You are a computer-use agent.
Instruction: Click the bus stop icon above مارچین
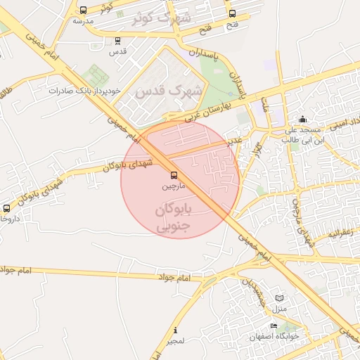(174, 175)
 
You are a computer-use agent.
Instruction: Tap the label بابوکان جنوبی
(172, 218)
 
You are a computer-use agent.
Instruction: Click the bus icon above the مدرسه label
(84, 11)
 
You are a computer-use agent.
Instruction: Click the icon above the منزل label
(281, 298)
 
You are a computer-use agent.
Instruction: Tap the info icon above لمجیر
(175, 330)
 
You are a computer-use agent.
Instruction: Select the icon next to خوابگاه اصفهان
(274, 326)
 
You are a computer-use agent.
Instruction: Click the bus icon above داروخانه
(6, 209)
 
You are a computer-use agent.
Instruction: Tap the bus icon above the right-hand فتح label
(232, 13)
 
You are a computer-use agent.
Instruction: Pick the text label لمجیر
(175, 341)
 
